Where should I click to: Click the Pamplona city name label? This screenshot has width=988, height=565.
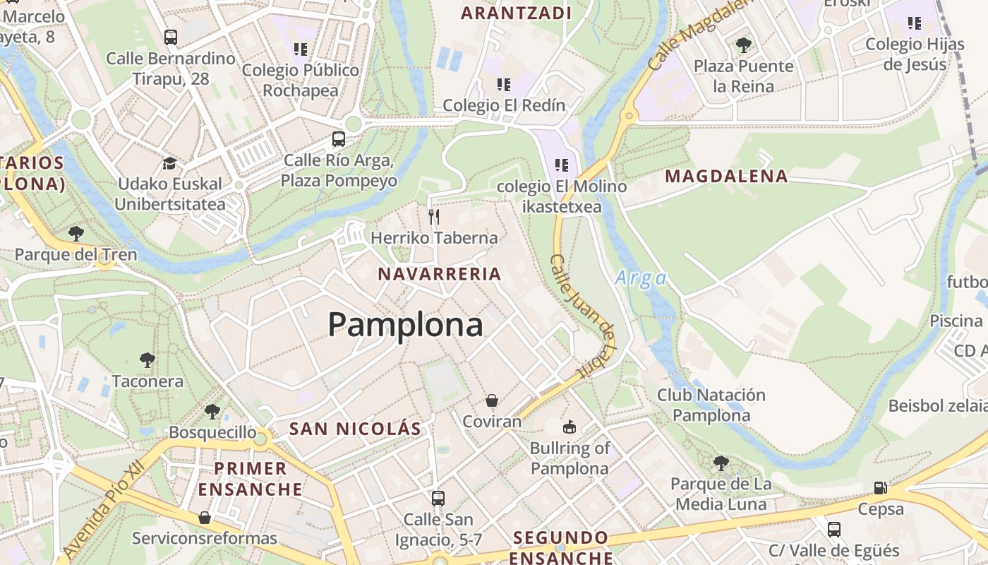pos(405,325)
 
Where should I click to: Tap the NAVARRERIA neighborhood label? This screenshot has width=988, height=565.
pos(439,274)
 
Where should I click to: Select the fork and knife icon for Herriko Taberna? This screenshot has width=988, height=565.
pos(434,216)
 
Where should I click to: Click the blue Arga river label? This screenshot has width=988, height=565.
pos(641,278)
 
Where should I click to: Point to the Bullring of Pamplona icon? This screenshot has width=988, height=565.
pos(569,427)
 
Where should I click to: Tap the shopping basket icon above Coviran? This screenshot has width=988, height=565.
pos(492,400)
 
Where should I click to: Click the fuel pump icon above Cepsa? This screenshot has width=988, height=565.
pos(880,487)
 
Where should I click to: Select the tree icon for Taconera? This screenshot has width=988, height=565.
pos(147,360)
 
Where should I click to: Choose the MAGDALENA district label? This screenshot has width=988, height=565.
pos(726,177)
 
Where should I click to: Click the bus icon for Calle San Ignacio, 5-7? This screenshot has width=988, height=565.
pos(438,498)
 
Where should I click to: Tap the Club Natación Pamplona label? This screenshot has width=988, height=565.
pos(711,405)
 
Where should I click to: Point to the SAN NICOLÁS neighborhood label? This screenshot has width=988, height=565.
pos(355,429)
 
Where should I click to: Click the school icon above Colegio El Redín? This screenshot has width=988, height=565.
pos(504,85)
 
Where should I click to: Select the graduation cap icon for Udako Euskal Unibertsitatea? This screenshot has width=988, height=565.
pos(169,163)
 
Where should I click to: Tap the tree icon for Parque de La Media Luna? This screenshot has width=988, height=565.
pos(721,463)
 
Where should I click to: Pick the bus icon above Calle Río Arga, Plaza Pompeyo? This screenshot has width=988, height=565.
pos(339,139)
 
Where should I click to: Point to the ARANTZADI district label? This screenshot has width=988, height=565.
pos(516,13)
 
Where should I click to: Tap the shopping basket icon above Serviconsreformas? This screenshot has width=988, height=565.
pos(205,518)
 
